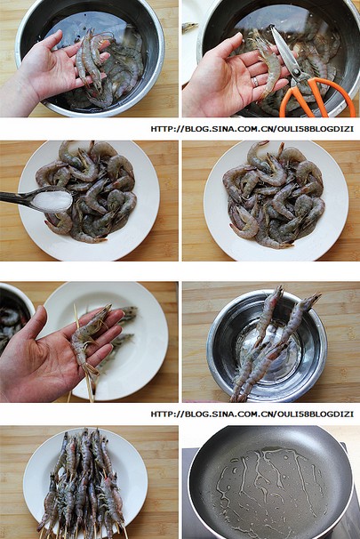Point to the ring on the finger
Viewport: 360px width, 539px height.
[255, 82]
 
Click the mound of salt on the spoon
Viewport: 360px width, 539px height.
[53, 201]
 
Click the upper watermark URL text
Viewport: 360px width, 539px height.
[252, 129]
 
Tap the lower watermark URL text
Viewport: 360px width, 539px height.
[252, 414]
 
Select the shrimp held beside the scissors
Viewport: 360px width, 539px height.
[268, 63]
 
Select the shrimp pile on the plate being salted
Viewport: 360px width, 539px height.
[88, 192]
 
